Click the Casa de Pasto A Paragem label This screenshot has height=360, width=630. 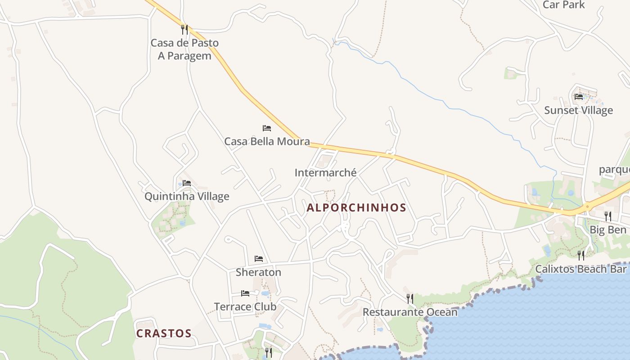(184, 49)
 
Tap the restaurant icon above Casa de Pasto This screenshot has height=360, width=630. (184, 30)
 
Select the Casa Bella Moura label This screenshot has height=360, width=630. (267, 141)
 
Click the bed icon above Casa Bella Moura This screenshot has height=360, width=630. (267, 128)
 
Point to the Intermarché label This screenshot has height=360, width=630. (325, 173)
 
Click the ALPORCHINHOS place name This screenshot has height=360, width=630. (356, 208)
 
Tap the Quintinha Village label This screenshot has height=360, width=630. (187, 197)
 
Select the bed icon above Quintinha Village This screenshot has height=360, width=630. (187, 183)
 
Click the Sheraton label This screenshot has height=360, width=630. (258, 272)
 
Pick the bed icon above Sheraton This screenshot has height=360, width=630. (259, 259)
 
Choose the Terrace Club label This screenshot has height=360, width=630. (245, 307)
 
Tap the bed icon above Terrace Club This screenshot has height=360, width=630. (245, 293)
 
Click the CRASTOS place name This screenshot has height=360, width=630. (164, 333)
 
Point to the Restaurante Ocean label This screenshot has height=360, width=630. (410, 312)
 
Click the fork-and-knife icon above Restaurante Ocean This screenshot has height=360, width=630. (410, 298)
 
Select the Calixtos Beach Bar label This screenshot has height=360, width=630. (580, 269)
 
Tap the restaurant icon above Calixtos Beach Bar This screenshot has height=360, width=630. (581, 256)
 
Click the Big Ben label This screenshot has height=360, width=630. (608, 230)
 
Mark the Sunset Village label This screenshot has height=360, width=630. (579, 110)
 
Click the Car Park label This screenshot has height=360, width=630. (563, 5)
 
